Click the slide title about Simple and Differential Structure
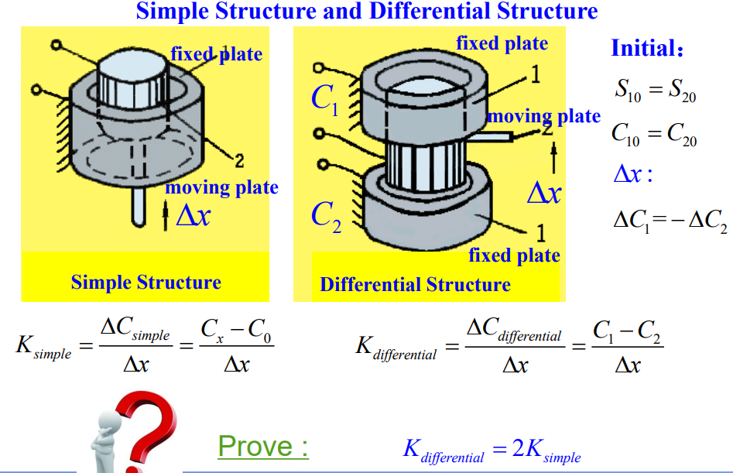coord(367,12)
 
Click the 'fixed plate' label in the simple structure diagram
coord(216,54)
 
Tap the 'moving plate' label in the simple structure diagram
coord(221,187)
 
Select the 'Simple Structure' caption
coord(146,283)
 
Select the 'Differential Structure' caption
coord(415,285)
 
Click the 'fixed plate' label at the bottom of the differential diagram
coord(514,255)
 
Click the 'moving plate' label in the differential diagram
coord(543,117)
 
